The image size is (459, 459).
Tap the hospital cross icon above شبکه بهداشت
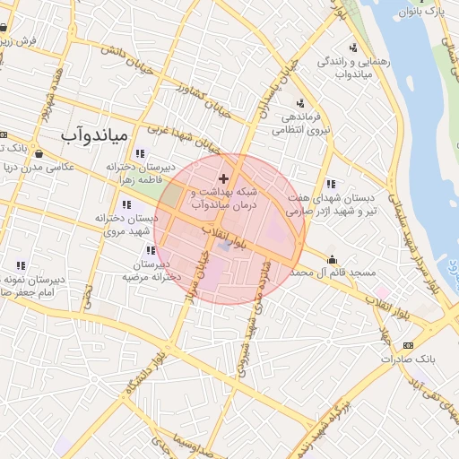[x=223, y=179]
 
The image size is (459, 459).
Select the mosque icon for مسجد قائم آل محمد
[x=332, y=260]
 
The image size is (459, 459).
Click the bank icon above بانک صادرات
[x=409, y=345]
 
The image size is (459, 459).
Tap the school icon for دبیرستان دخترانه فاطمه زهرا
[x=139, y=154]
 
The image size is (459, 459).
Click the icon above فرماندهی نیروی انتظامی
[x=300, y=103]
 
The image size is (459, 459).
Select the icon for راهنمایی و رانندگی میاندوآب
[x=353, y=48]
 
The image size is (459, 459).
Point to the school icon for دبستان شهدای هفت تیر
[x=331, y=184]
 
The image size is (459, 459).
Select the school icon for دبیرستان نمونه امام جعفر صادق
[x=20, y=266]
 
